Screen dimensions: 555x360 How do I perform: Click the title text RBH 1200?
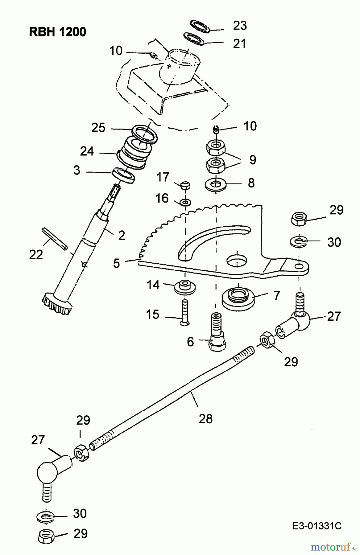point(57,32)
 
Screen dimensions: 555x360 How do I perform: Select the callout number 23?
point(240,26)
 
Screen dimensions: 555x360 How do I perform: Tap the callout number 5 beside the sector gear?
point(116,263)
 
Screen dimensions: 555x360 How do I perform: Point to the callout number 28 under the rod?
point(206,419)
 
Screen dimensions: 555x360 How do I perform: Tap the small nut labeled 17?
point(185,185)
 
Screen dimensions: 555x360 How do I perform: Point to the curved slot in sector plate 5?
point(213,237)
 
